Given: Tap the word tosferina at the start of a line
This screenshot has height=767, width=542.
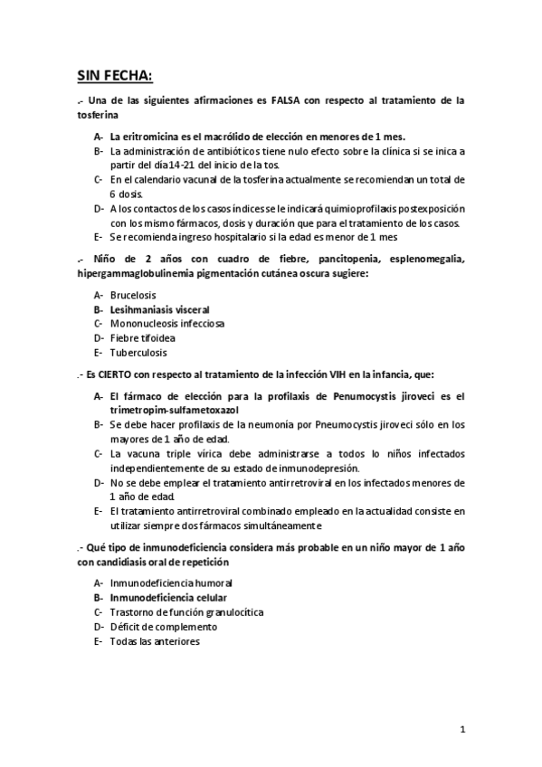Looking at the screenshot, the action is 98,117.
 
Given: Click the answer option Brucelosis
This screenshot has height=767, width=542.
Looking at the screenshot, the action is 133,295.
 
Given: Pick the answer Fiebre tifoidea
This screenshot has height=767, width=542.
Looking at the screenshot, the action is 143,338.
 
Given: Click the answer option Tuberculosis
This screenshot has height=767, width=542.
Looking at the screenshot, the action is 138,353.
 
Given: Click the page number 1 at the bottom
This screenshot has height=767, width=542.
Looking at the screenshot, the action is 461,730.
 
